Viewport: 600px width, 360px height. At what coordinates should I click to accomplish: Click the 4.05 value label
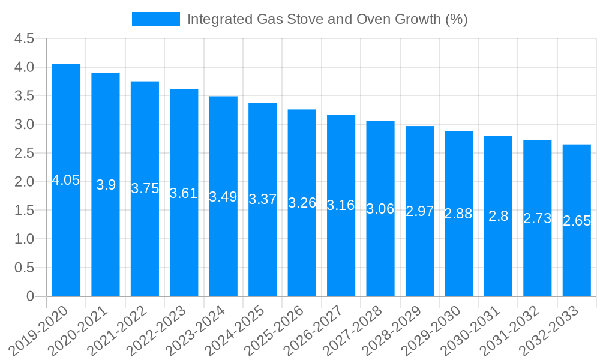[x=66, y=180]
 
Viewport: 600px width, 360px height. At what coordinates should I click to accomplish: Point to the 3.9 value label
[x=106, y=185]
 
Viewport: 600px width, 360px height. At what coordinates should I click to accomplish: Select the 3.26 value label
[x=302, y=203]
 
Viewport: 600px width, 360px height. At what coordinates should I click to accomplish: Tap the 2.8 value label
[x=498, y=216]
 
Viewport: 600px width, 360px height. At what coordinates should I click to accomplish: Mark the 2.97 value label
[x=419, y=211]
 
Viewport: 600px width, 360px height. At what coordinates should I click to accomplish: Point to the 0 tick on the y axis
[x=31, y=296]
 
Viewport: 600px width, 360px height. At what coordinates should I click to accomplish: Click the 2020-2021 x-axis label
[x=80, y=330]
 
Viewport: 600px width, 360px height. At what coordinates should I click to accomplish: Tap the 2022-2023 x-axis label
[x=159, y=330]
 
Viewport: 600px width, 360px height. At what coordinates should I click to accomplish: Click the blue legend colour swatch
[x=156, y=19]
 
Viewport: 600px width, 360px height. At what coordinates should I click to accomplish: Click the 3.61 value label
[x=184, y=193]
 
